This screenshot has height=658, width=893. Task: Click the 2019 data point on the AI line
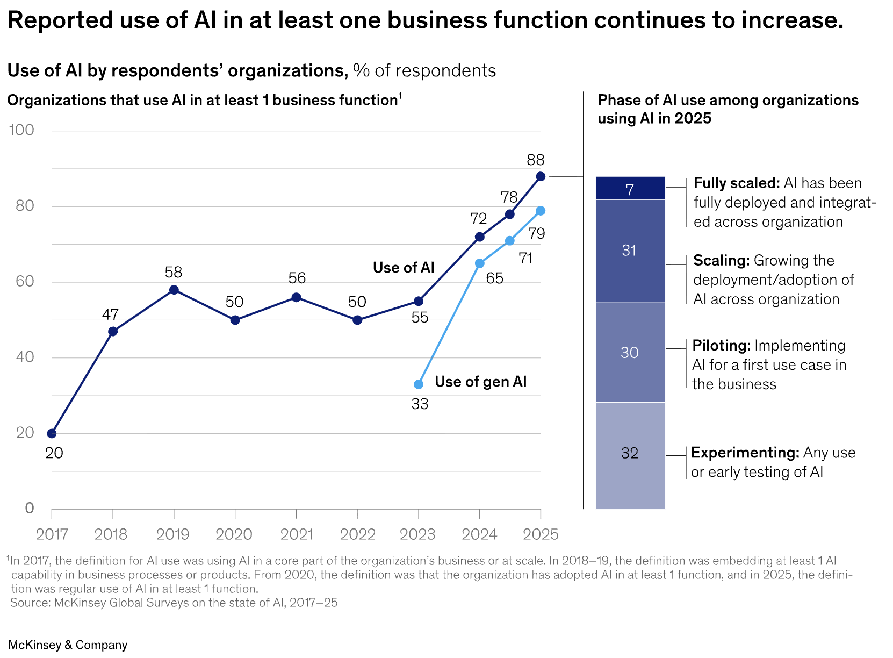click(x=174, y=290)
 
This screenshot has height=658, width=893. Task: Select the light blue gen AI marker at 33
click(x=419, y=384)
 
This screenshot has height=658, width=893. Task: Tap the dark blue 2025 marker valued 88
click(x=541, y=176)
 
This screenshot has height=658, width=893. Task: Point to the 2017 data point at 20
click(x=52, y=433)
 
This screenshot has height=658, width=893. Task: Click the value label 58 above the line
click(x=174, y=272)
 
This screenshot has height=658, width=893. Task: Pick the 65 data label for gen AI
click(x=494, y=278)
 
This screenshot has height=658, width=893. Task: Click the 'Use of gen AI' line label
click(x=480, y=382)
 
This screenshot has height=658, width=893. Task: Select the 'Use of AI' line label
click(x=404, y=268)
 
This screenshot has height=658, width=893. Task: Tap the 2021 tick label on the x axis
click(x=297, y=534)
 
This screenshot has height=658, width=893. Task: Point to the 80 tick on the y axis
click(x=24, y=206)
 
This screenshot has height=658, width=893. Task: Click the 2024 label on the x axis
click(x=479, y=534)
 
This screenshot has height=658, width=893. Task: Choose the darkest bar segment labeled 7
click(x=630, y=189)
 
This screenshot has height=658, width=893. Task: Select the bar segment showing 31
click(x=630, y=251)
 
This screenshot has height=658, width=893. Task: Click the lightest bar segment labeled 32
click(x=630, y=454)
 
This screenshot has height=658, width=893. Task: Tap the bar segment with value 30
click(x=630, y=353)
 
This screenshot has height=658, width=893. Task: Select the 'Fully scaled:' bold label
click(x=736, y=183)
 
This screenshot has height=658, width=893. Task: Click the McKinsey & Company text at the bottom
click(x=68, y=645)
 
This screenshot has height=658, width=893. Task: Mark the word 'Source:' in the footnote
click(x=30, y=603)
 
